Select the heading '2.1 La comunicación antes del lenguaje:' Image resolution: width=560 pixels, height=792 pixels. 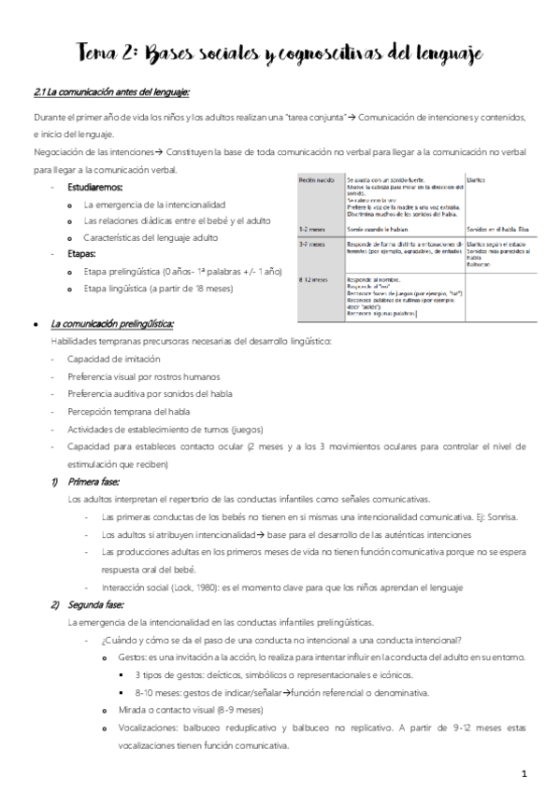(111, 92)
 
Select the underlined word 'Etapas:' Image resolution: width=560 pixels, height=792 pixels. (80, 254)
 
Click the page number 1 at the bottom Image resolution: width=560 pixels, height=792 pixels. (524, 773)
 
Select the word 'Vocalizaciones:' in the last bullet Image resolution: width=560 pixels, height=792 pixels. (153, 728)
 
